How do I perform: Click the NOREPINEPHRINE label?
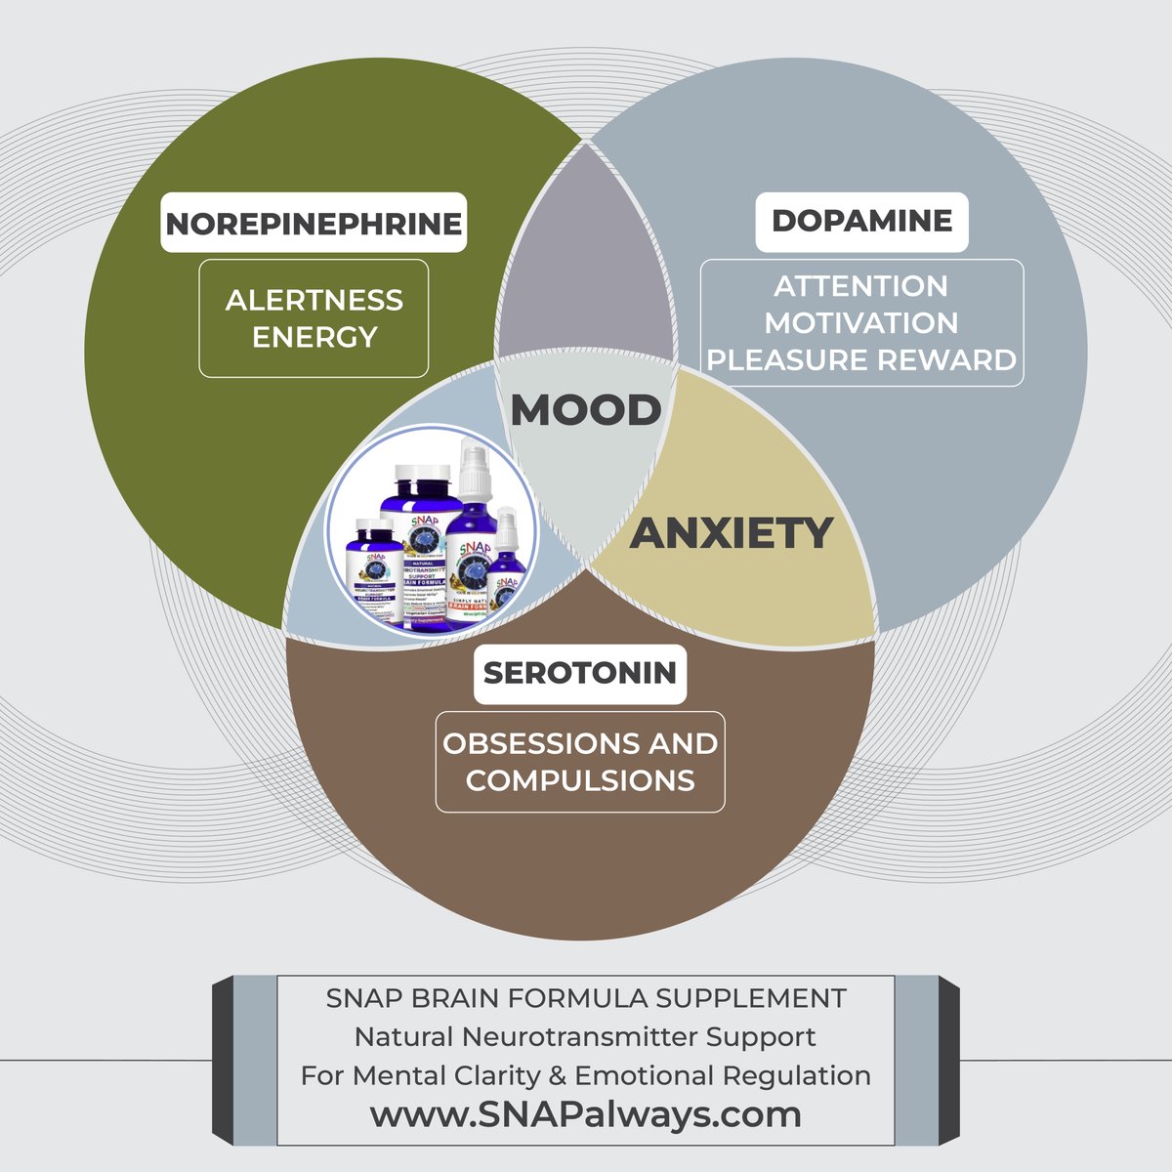314,224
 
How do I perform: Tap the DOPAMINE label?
861,221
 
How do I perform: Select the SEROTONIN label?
580,673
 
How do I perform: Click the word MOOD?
586,410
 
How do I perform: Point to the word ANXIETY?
731,533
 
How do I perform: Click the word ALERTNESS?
314,300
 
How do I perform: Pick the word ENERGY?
314,337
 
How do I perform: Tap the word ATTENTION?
861,286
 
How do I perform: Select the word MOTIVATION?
861,323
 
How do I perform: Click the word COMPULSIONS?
580,780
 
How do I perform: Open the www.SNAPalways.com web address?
586,1114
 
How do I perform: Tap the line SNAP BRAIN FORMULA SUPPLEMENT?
586,999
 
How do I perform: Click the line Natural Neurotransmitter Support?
586,1036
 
